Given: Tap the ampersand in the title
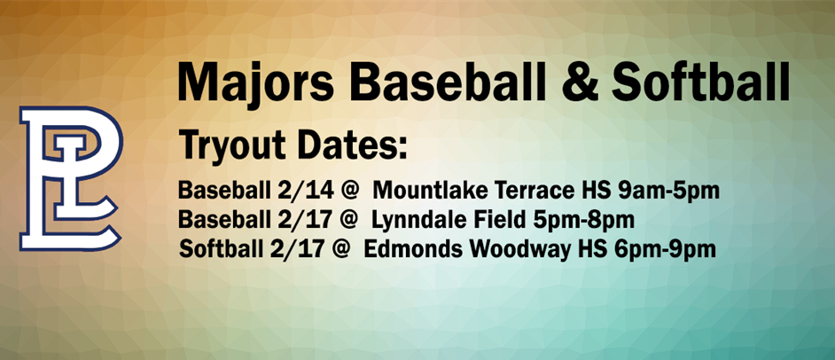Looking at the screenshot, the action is [x=578, y=82].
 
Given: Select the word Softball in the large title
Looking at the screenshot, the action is [x=701, y=82].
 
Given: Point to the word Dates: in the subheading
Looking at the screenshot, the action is [x=352, y=144].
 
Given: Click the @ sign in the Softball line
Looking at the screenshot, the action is [x=340, y=248].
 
